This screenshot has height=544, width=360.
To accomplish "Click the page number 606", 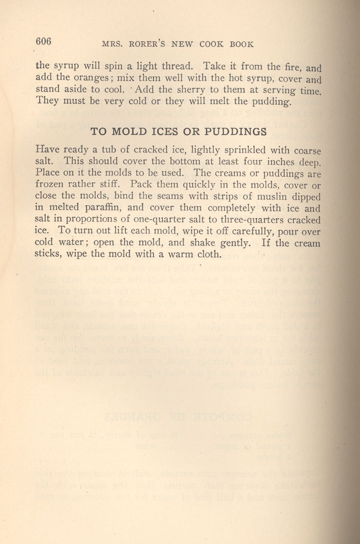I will click(44, 42).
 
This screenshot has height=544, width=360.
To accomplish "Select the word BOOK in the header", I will click(242, 44).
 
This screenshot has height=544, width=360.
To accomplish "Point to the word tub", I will click(109, 150).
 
